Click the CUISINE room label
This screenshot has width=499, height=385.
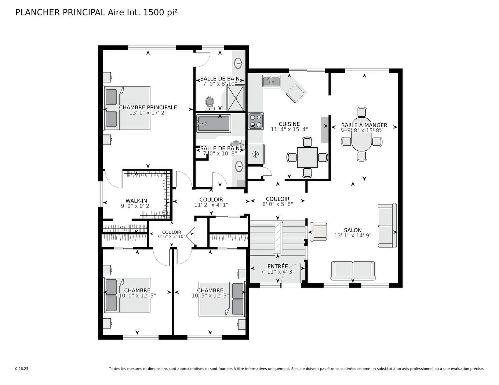(289, 124)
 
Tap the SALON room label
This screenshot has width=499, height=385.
(353, 230)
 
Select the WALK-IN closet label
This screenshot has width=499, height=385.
(136, 201)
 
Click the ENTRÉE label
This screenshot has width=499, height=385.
(277, 266)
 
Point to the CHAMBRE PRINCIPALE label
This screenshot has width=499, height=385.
(148, 107)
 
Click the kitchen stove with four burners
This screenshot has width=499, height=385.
(255, 121)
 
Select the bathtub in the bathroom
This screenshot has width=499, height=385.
(214, 124)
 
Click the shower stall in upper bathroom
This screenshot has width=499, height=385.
(236, 98)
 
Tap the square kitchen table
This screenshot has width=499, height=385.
(307, 157)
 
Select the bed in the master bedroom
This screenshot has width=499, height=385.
(127, 108)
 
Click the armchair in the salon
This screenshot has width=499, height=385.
(318, 232)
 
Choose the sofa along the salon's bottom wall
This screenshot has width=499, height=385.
(353, 270)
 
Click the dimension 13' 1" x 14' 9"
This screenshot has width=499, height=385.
(353, 235)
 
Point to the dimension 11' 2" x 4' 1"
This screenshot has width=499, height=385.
(211, 205)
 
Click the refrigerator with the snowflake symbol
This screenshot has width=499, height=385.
(255, 154)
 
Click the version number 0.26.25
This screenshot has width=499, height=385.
(22, 369)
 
